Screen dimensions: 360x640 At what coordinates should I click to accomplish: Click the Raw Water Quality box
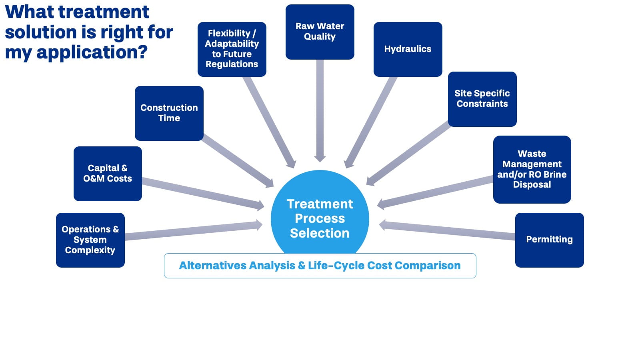tap(320, 32)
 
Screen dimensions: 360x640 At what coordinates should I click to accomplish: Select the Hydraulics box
tap(408, 49)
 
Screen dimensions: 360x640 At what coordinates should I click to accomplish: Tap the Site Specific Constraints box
tap(482, 99)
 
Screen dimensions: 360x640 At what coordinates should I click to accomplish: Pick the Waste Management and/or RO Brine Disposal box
tap(532, 169)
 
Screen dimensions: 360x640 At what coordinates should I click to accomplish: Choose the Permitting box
tap(549, 240)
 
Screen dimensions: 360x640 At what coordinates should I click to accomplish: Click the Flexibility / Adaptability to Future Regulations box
tap(232, 49)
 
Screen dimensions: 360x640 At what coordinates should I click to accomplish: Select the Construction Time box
tap(169, 113)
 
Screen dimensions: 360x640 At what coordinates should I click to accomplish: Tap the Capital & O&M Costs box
tap(107, 174)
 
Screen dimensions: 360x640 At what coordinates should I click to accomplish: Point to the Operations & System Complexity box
tap(90, 240)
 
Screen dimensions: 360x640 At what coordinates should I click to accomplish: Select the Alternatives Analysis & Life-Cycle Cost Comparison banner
tap(320, 266)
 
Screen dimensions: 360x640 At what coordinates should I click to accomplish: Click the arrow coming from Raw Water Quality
tap(320, 108)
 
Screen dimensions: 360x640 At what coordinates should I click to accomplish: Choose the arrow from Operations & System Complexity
tap(192, 231)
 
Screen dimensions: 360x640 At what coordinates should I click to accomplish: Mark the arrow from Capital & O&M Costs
tap(202, 193)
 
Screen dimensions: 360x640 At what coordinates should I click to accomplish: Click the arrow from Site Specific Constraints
tap(408, 154)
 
